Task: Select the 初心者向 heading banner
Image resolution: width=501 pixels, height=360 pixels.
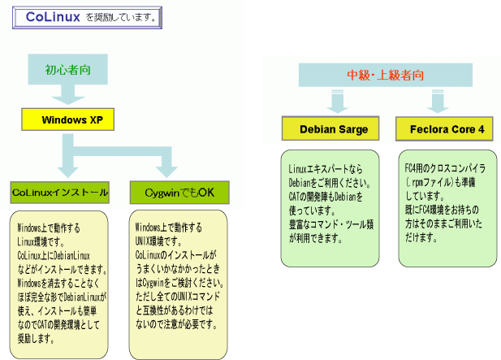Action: click(x=67, y=70)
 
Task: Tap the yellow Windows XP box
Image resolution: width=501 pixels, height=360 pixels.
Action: click(x=67, y=120)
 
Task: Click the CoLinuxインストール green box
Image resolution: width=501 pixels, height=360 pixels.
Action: click(x=59, y=193)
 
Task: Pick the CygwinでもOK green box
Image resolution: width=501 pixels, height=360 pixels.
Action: click(x=179, y=193)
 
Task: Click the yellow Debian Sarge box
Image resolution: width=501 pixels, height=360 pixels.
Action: click(x=333, y=128)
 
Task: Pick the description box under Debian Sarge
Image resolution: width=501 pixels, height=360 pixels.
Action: click(x=330, y=206)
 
